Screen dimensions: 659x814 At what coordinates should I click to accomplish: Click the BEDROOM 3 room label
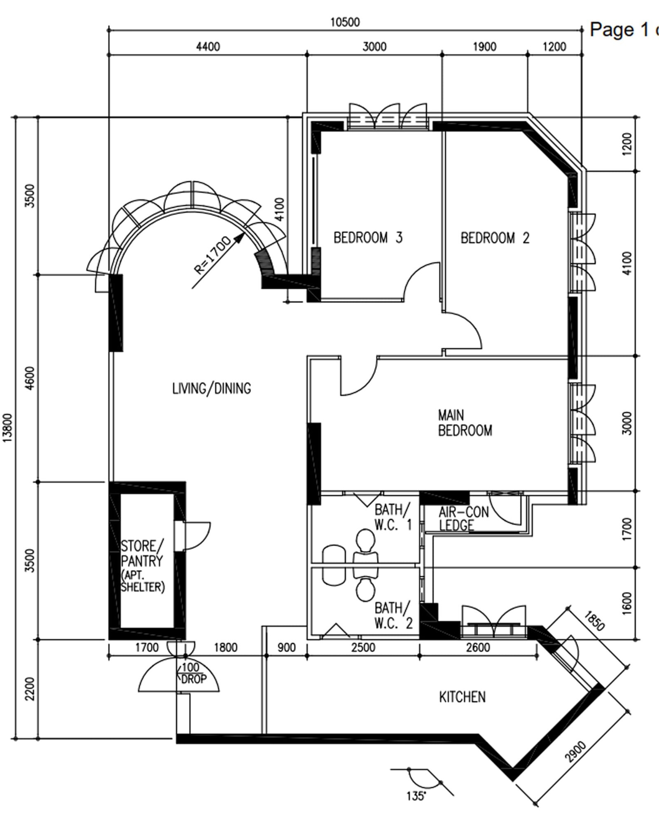tap(368, 238)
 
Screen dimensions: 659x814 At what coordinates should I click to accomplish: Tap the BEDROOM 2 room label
tap(495, 238)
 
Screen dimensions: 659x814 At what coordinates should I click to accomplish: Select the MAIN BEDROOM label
tap(465, 423)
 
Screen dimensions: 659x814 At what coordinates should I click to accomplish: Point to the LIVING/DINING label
tap(212, 388)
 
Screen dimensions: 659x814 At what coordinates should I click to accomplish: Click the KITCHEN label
tap(462, 697)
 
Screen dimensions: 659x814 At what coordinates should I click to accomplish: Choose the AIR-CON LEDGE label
tap(463, 518)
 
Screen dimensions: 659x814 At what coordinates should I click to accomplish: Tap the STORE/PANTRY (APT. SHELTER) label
tap(143, 566)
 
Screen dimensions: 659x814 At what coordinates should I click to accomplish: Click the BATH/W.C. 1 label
tap(393, 517)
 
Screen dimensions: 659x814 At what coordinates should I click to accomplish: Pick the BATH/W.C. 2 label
tap(393, 615)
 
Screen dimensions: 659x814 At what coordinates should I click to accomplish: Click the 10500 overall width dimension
tap(345, 22)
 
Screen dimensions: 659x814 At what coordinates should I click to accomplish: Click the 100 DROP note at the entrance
tap(193, 673)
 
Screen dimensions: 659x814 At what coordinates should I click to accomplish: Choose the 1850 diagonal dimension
tap(594, 620)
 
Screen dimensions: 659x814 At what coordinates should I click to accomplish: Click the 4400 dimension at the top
tap(208, 47)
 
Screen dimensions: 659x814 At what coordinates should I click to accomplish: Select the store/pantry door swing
tap(197, 536)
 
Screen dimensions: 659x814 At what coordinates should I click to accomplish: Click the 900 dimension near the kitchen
tap(286, 648)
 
